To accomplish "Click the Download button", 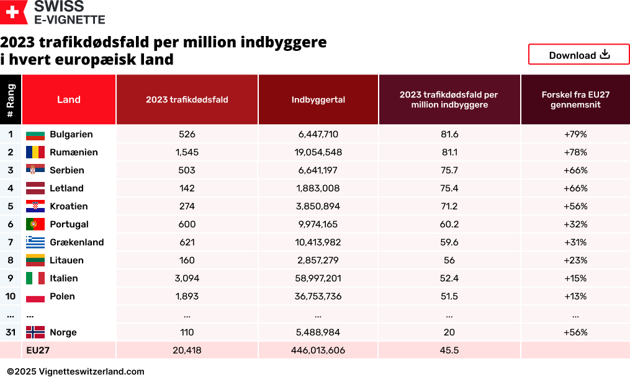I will [578, 55].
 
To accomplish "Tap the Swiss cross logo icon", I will [14, 12].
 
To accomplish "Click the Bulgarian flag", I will [35, 135].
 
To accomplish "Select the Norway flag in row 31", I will [35, 333].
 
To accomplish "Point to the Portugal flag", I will [35, 225].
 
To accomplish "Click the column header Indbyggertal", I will [318, 99].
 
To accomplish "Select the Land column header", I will [68, 99].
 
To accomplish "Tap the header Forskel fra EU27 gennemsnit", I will [575, 99].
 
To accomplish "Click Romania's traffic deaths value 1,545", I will [186, 152].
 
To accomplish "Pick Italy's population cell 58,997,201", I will [318, 278].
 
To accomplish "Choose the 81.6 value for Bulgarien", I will [449, 134].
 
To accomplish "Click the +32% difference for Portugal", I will [575, 224].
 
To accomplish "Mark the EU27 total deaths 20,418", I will [186, 350].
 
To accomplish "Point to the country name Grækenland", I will [76, 242].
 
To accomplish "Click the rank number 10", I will [11, 296].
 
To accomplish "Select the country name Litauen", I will [66, 260].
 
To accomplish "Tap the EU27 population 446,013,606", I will [318, 350].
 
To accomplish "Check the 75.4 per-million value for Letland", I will [449, 188].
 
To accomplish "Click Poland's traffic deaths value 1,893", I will [186, 296].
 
